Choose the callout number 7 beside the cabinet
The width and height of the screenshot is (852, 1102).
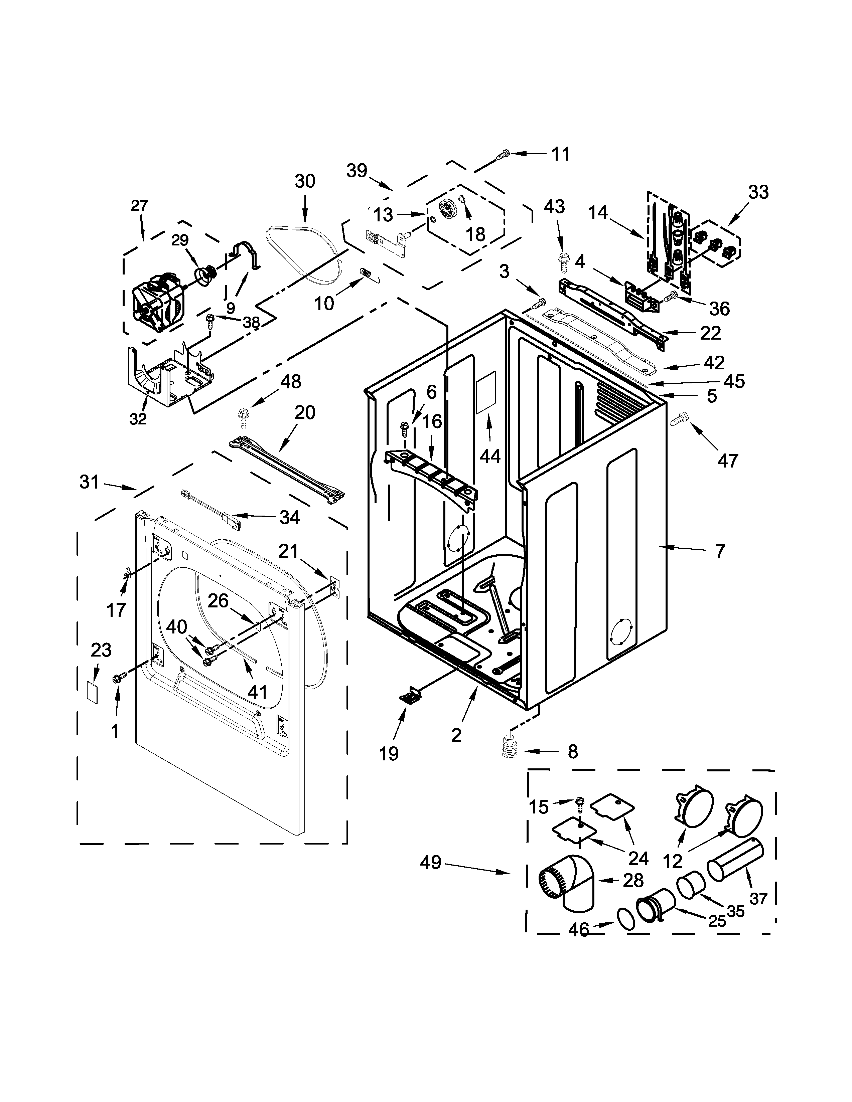coord(720,551)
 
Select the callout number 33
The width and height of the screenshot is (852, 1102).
coord(758,192)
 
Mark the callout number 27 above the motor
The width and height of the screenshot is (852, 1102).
coord(139,205)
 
